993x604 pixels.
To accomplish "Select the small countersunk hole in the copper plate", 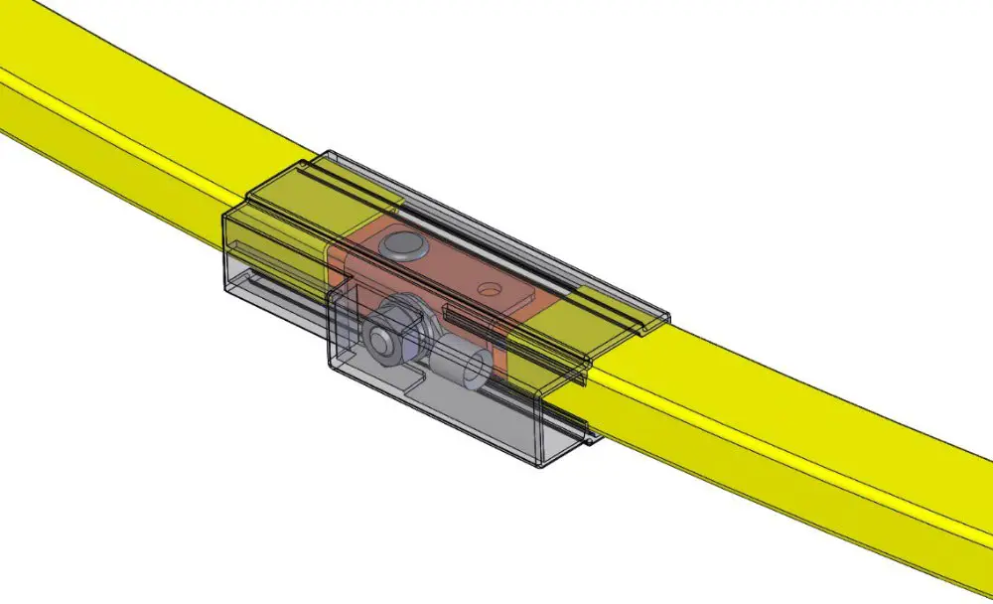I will tap(487, 289).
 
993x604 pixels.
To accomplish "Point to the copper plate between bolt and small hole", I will tap(447, 268).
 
